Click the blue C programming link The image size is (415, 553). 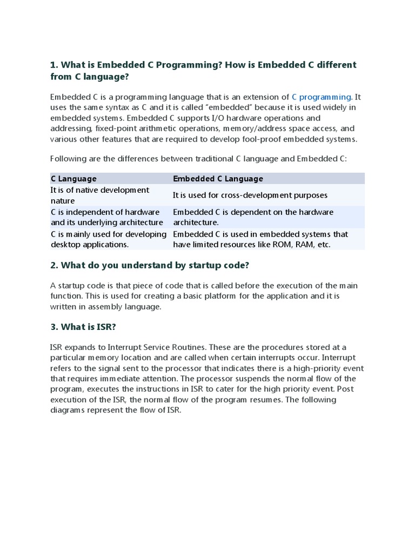322,97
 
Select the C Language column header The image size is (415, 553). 73,178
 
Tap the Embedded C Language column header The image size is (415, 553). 218,178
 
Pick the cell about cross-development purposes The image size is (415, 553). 250,195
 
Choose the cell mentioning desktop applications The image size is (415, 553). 109,239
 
